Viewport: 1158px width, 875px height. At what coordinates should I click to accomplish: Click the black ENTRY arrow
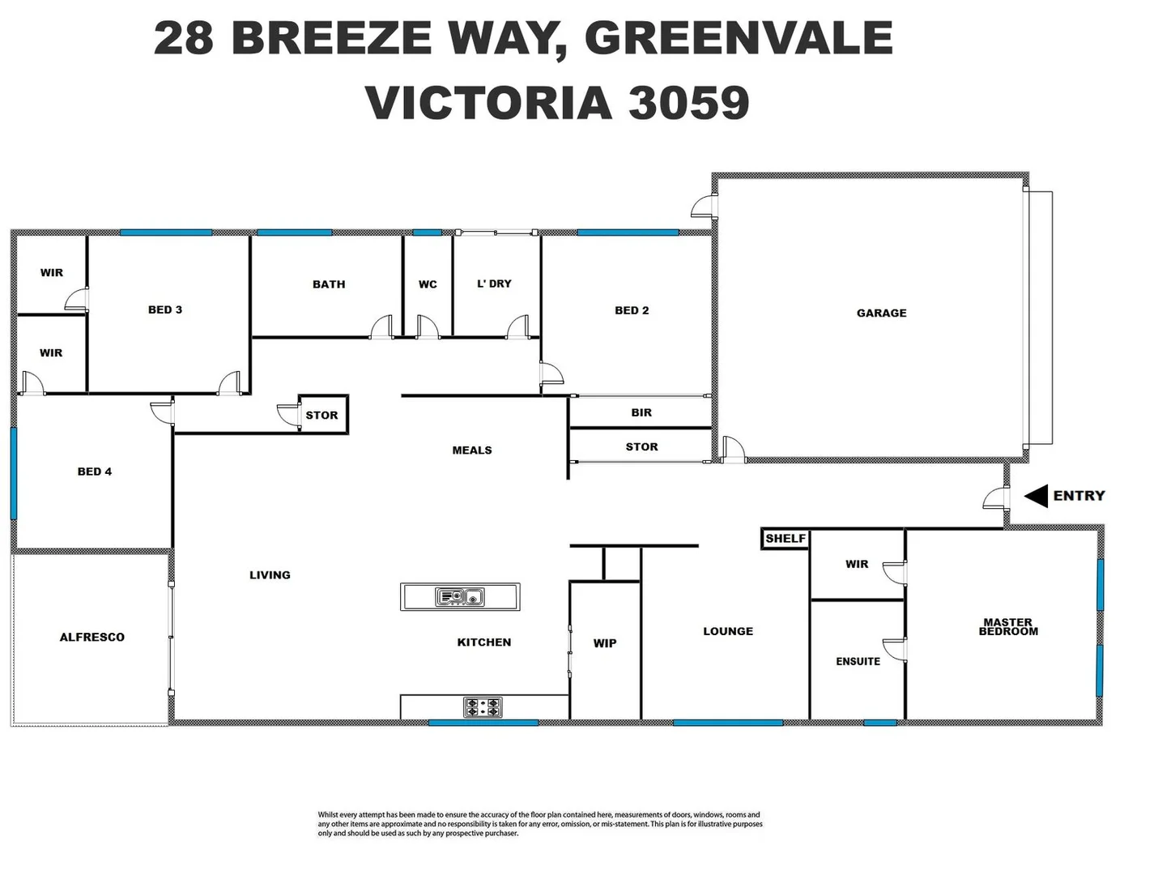(x=1036, y=496)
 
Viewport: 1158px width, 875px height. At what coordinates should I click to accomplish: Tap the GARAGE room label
(x=881, y=313)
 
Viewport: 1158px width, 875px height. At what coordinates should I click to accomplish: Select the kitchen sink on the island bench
(x=460, y=597)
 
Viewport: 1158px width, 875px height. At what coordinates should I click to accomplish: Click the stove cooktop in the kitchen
(x=483, y=707)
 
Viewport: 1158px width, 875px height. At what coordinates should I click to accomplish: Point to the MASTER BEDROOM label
(x=1007, y=627)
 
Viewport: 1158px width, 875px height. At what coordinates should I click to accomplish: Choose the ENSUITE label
(x=858, y=661)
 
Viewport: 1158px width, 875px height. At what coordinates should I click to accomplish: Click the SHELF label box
(x=785, y=539)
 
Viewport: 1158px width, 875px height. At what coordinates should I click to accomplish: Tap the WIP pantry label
(x=605, y=643)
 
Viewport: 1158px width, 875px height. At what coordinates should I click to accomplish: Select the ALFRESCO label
(x=92, y=638)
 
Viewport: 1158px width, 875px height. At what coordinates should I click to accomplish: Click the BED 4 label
(x=95, y=472)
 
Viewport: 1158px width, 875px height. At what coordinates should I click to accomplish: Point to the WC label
(x=428, y=284)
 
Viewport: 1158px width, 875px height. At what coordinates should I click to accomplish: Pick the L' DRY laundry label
(x=494, y=284)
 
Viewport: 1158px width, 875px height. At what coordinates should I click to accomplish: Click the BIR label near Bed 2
(x=641, y=412)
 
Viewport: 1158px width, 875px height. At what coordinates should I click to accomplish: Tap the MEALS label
(x=472, y=450)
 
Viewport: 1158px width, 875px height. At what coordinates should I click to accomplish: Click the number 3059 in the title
(x=688, y=103)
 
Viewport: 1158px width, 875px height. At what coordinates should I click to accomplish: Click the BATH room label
(x=329, y=284)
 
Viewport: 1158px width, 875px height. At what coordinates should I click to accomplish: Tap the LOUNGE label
(x=728, y=631)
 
